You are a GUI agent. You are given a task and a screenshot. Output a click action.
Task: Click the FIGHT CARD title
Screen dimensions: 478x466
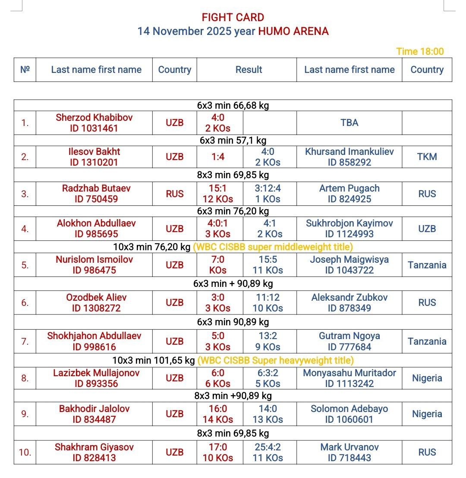[x=233, y=18]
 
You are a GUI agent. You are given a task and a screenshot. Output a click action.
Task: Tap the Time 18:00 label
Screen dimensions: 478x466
[x=420, y=51]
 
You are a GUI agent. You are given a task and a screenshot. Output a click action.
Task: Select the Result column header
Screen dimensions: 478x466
[x=249, y=70]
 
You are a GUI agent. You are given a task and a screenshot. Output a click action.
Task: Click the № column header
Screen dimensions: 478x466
[x=25, y=70]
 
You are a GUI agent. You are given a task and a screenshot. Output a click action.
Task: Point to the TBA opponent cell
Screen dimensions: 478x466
[x=349, y=123]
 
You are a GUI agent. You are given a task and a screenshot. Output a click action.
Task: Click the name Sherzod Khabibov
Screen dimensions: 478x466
[x=94, y=117]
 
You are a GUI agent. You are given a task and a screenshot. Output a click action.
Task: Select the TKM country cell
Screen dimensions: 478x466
[x=427, y=157]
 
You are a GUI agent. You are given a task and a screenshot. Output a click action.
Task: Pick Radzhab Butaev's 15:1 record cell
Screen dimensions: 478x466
[x=218, y=194]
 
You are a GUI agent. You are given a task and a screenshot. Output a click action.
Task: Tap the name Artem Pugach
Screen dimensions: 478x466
[x=349, y=189]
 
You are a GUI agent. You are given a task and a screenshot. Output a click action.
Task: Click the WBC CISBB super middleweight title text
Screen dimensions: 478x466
[x=273, y=247]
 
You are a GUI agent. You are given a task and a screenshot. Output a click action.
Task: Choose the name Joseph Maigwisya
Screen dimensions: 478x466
[x=349, y=260]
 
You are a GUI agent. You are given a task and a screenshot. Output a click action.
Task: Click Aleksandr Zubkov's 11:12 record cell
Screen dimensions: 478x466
[x=268, y=303]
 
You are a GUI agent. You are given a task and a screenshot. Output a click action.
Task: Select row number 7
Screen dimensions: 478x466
[x=25, y=341]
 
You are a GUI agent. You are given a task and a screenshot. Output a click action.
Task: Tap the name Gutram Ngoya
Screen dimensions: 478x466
[x=349, y=336]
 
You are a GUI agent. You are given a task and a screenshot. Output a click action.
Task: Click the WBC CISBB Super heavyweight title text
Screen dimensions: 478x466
[x=275, y=360]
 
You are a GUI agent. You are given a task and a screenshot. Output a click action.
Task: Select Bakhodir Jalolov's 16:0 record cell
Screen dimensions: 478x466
[x=218, y=414]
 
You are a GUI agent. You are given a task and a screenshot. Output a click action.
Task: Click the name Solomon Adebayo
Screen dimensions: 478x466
[x=349, y=409]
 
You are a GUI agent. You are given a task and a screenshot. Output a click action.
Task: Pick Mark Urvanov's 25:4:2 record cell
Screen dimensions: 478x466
[x=268, y=452]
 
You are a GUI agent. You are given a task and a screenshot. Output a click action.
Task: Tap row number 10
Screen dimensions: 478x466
[x=25, y=452]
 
